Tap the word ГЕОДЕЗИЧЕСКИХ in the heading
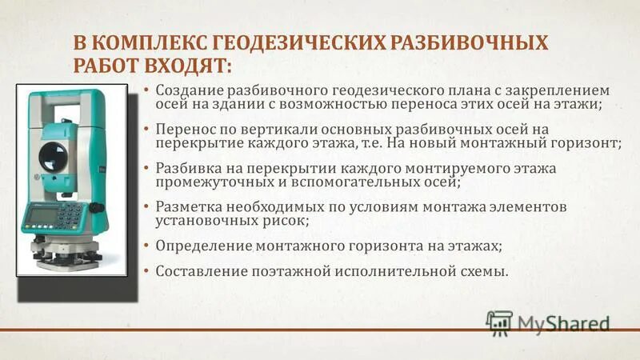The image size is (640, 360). point(290,42)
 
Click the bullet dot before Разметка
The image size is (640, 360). point(146,206)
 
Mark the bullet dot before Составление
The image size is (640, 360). point(146,271)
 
